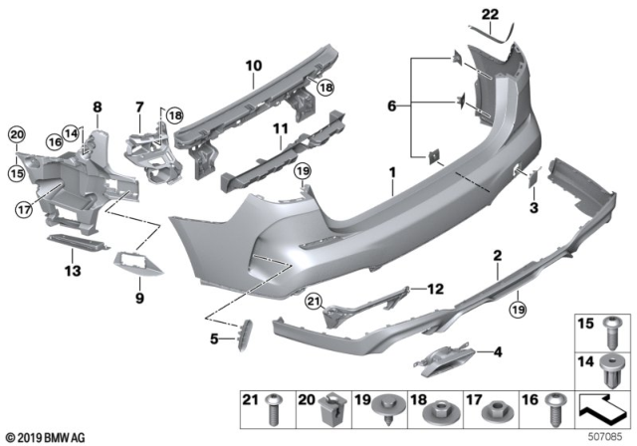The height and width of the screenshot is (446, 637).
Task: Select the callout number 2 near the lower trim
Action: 496,257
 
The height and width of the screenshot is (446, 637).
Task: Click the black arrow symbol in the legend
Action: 607,407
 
